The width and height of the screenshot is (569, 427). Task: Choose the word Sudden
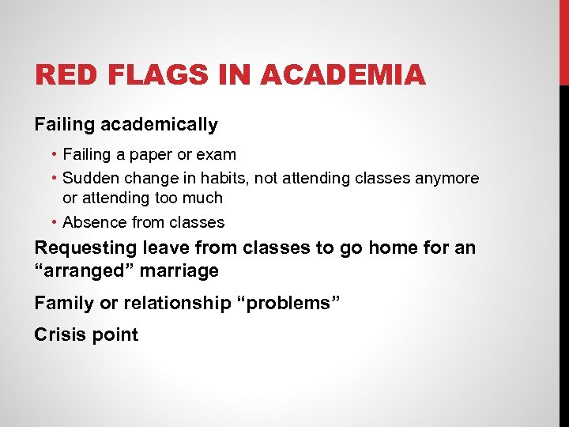click(x=91, y=179)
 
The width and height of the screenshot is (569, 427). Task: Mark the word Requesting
click(x=85, y=248)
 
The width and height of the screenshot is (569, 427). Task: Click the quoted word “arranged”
click(x=81, y=270)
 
